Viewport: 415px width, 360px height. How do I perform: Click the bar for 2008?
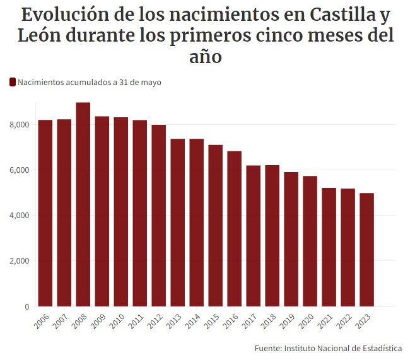[x=83, y=205]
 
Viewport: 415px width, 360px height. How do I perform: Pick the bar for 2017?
[x=254, y=236]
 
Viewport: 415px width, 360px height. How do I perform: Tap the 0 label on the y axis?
[x=26, y=307]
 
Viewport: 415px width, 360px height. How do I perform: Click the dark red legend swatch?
[x=13, y=82]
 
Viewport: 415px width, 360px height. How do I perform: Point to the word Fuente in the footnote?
[x=267, y=349]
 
